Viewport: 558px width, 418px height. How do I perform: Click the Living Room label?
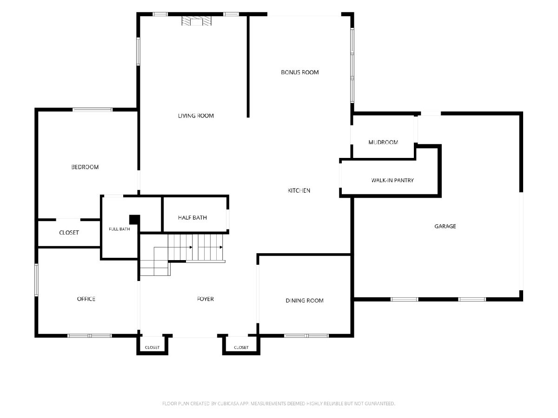pos(196,116)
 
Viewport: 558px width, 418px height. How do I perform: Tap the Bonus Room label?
pos(300,72)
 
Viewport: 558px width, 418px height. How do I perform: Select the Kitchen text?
pos(299,190)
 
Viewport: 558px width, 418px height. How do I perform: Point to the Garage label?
pos(445,226)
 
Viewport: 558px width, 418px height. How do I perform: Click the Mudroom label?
pos(383,143)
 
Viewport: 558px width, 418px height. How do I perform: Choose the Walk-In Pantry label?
pos(392,181)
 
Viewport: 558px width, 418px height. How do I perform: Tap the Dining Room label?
pos(305,301)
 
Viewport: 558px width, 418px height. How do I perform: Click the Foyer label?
pos(206,299)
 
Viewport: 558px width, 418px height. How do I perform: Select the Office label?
pos(86,299)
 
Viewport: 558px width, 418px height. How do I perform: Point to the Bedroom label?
pos(85,167)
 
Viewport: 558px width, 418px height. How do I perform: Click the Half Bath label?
pos(193,218)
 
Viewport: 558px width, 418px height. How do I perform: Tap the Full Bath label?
pos(119,229)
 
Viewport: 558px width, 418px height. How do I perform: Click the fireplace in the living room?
pos(197,21)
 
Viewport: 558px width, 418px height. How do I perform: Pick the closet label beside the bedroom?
pos(69,233)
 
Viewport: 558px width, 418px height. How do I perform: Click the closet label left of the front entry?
pos(152,347)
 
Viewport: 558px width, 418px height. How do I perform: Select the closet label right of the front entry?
pos(241,347)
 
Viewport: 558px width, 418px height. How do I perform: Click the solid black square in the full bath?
pos(134,220)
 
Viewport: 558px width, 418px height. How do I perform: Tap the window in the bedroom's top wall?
pos(93,110)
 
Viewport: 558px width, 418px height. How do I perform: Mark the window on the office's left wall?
pos(36,280)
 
